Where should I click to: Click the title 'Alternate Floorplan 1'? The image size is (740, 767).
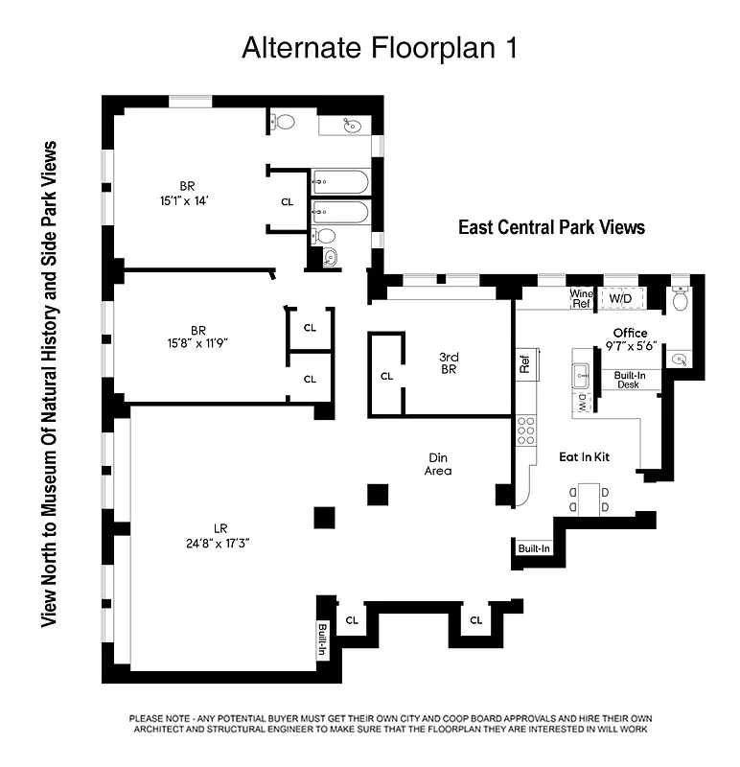tap(380, 48)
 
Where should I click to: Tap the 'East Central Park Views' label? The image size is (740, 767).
tap(551, 227)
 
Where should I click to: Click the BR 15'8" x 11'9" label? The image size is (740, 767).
tap(195, 341)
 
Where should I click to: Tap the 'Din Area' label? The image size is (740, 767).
tap(438, 464)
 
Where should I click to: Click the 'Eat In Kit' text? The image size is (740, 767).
tap(584, 457)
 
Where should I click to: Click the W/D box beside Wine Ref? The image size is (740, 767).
tap(619, 299)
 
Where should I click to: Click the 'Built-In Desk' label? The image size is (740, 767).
tap(628, 380)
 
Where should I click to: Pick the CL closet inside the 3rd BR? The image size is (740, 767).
tap(386, 376)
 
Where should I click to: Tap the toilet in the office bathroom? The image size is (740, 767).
tap(680, 300)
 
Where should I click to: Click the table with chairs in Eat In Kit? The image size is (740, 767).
tap(588, 500)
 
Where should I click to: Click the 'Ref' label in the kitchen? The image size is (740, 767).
tap(524, 363)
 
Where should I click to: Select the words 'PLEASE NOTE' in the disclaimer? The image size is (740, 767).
tap(158, 718)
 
